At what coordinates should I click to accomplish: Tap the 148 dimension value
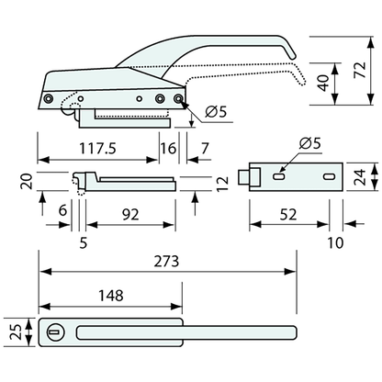pos(109,296)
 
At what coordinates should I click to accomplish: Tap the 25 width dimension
pos(13,331)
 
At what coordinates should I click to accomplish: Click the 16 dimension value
pos(167,148)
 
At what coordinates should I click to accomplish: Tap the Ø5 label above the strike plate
pos(311,144)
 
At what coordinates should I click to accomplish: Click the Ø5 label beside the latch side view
pos(215,112)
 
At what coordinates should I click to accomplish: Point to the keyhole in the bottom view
pos(53,331)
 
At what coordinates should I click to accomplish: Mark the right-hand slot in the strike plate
pos(327,175)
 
